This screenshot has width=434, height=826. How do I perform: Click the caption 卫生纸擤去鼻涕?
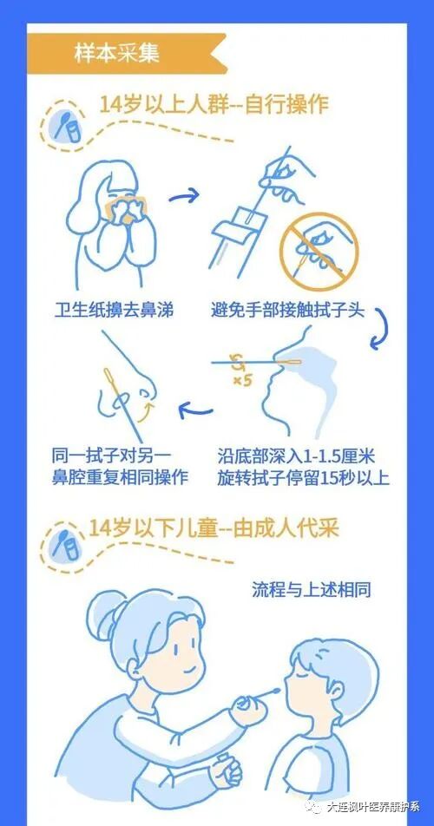(x=114, y=310)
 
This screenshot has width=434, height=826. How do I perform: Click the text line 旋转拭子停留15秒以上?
(x=304, y=477)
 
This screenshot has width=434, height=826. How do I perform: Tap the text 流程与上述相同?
(x=309, y=591)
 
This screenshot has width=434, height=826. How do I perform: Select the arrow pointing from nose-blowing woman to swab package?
(x=184, y=198)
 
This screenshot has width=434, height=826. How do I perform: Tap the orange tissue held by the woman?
(x=117, y=208)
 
